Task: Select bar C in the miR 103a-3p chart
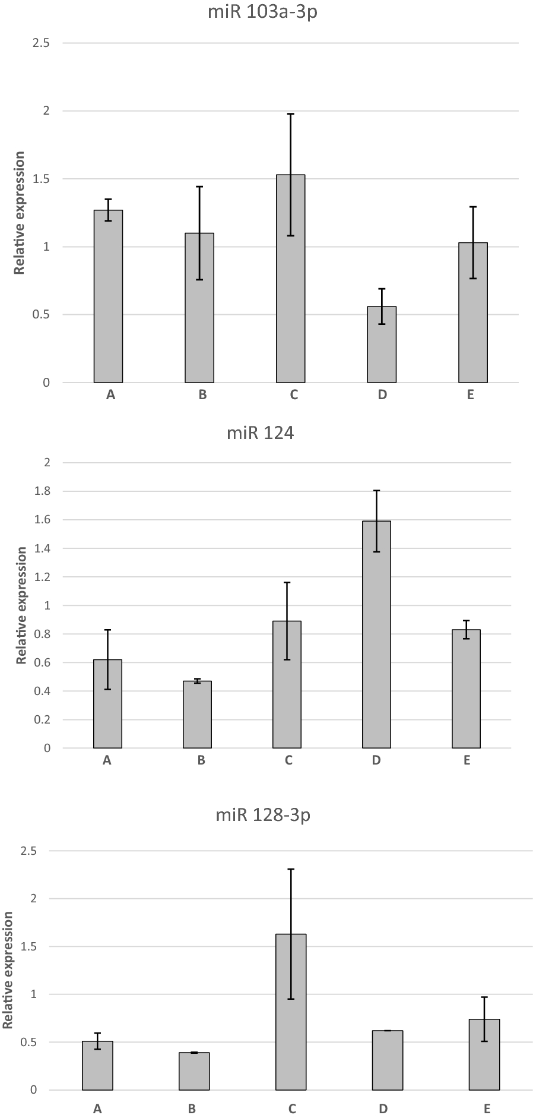(291, 279)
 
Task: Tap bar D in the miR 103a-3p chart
(382, 345)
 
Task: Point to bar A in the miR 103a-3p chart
(108, 297)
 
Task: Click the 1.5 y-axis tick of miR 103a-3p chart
(42, 179)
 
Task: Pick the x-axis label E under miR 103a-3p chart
(471, 395)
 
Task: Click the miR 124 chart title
(261, 433)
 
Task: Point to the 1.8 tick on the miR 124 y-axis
(42, 491)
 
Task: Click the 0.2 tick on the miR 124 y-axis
(42, 719)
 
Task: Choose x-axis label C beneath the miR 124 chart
(288, 760)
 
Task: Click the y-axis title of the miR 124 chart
(21, 606)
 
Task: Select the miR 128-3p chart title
(263, 816)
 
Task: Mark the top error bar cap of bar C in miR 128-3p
(291, 869)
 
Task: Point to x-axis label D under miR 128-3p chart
(383, 1108)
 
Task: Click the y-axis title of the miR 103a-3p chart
(20, 213)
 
